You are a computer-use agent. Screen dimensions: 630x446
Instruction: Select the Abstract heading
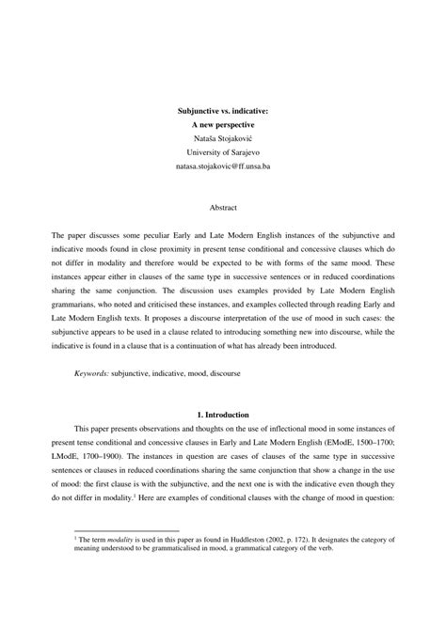(223, 204)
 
